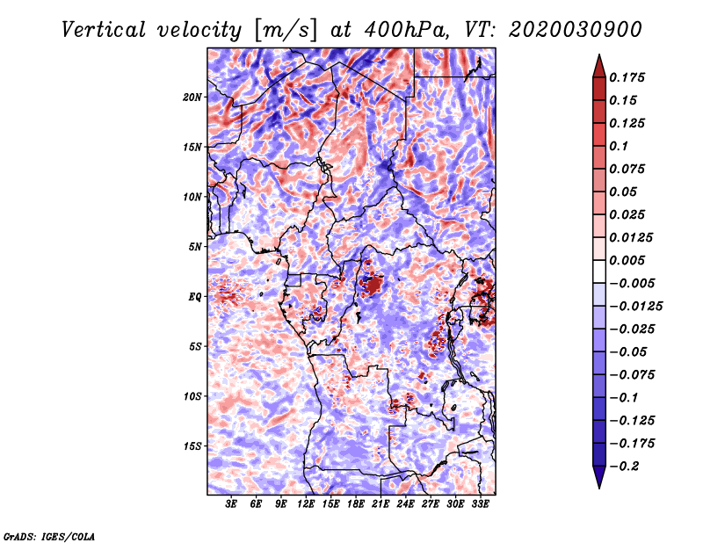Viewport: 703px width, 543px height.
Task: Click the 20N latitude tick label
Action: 192,97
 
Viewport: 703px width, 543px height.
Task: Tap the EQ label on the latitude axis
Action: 194,296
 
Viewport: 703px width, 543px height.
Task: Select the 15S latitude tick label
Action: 192,446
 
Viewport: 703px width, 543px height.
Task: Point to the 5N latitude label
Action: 195,247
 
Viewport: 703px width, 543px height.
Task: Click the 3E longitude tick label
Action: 231,504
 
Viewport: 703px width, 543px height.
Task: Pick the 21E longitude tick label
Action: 380,504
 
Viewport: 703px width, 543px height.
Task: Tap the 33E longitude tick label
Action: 480,504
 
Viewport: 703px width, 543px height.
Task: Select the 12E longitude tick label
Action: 305,504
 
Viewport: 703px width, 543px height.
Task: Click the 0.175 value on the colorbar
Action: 627,77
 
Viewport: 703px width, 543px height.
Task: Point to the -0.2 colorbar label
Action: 624,467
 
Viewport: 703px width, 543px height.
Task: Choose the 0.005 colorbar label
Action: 627,260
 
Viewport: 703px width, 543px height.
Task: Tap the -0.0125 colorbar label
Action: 635,307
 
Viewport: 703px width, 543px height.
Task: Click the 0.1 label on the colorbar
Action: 619,146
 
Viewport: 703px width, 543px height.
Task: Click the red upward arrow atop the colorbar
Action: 599,66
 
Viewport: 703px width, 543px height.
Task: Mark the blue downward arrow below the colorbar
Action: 599,477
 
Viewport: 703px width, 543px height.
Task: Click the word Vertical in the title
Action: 104,30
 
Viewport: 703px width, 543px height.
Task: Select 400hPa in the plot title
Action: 406,30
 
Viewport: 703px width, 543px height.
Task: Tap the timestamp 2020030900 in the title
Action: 576,30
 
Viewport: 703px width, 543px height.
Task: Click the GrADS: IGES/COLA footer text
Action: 49,536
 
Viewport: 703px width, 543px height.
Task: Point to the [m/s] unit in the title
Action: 286,31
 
